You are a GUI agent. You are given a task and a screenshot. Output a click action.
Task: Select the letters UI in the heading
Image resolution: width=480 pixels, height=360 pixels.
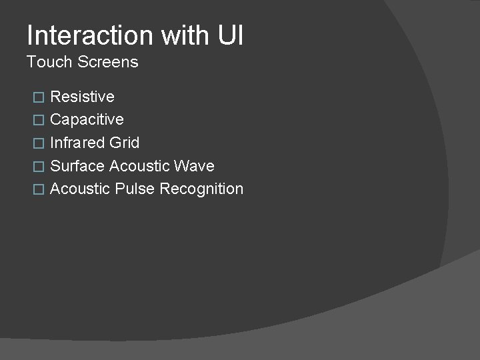[x=230, y=35]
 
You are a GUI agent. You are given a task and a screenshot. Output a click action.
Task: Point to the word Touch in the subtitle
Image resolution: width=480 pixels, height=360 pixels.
[x=49, y=62]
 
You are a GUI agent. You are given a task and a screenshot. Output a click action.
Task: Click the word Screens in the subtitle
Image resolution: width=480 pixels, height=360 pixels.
[x=108, y=62]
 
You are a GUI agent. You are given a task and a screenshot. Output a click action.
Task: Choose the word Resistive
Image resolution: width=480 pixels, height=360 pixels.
[x=82, y=97]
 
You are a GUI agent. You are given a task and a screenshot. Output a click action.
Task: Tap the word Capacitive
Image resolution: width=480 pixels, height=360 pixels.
[x=87, y=120]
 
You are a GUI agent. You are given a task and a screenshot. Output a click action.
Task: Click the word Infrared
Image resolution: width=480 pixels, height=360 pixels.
[x=77, y=143]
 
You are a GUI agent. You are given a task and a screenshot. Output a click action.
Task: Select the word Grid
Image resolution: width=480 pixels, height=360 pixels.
[x=123, y=143]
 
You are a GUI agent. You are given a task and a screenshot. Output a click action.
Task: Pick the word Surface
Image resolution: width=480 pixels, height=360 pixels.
[x=77, y=166]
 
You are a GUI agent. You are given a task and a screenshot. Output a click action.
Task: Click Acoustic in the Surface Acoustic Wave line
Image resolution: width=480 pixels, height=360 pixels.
[x=139, y=166]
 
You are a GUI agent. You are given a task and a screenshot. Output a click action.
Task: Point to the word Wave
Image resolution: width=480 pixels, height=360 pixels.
[x=195, y=166]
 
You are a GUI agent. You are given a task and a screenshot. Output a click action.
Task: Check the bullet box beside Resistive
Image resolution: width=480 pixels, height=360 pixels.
[x=38, y=97]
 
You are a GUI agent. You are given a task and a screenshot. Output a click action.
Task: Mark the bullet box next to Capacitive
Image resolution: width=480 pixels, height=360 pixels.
[x=38, y=121]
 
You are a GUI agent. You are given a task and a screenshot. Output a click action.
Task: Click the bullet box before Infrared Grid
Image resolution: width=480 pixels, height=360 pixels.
[x=38, y=143]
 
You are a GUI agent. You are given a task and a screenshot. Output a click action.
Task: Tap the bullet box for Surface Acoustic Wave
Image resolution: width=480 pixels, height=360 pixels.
[x=38, y=167]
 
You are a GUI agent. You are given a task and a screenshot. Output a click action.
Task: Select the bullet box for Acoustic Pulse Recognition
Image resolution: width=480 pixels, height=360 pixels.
[x=38, y=189]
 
